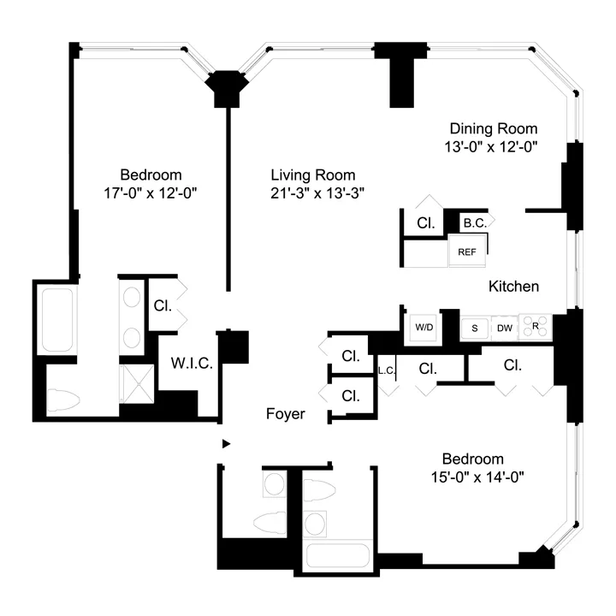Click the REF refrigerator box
coord(467,252)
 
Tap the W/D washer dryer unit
coord(424,327)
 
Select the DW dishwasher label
coord(505,327)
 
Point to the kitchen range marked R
coord(536,326)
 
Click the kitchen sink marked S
coord(474,327)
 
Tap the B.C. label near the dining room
coord(475,223)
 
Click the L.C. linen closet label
coord(384,370)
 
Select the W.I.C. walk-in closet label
coord(191,364)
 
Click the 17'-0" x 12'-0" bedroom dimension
coord(151,192)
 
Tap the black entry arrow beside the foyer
coord(226,443)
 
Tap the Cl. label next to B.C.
coord(425,223)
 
